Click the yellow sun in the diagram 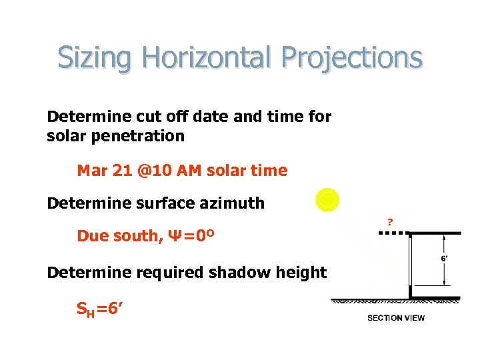click(327, 199)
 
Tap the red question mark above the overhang click(390, 221)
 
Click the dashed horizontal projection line click(393, 233)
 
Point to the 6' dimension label click(445, 258)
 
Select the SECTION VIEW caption click(396, 317)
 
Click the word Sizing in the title click(95, 58)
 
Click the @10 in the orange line click(151, 171)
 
